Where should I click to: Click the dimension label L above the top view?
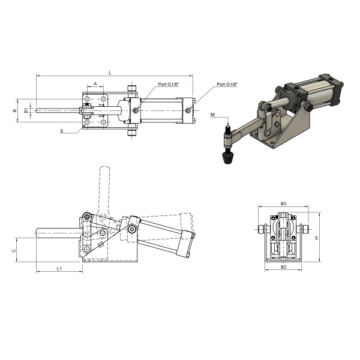(x=110, y=73)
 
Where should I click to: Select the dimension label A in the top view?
(x=95, y=84)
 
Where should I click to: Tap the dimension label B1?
(x=26, y=110)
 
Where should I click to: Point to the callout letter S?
(x=62, y=131)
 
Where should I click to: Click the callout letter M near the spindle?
(x=212, y=115)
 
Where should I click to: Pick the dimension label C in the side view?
(x=14, y=250)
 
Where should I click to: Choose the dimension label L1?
(x=59, y=268)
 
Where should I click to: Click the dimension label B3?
(x=284, y=203)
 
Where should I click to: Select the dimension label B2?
(x=284, y=267)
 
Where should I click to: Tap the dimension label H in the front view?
(x=316, y=238)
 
